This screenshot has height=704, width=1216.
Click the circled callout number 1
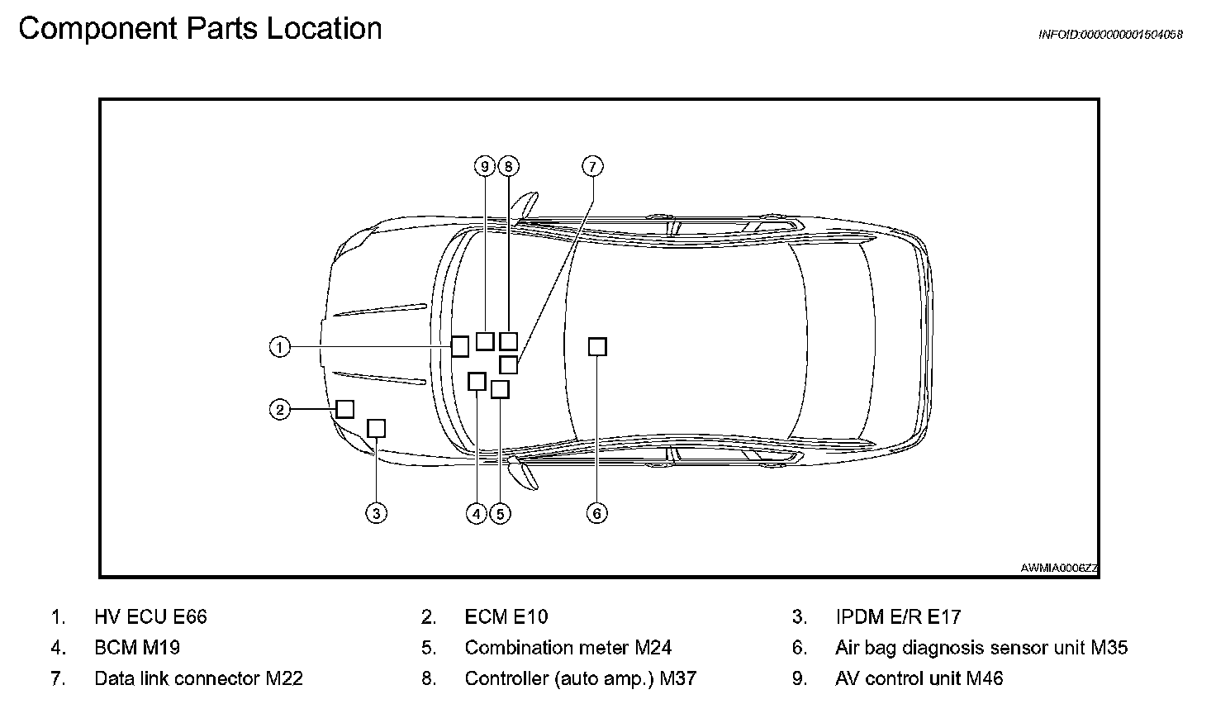coord(280,347)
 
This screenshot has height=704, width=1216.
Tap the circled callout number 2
coord(280,409)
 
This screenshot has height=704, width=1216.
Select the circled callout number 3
coord(376,513)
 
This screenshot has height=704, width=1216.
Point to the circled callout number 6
coord(597,513)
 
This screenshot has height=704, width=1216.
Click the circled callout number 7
coord(592,166)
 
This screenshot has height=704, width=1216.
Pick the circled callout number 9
coord(485,166)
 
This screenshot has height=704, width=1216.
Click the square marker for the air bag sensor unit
coord(597,346)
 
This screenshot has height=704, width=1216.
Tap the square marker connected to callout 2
coord(344,409)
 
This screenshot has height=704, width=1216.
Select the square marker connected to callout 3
coord(376,428)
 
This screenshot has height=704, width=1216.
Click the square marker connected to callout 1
coord(460,346)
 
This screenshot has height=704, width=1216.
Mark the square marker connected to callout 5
coord(500,389)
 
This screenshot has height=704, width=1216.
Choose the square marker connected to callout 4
coord(477,381)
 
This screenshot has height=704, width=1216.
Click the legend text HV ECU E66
coord(150,616)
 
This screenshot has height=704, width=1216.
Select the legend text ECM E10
coord(506,616)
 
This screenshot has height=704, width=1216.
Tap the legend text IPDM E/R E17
coord(898,616)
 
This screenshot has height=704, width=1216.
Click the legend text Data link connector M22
coord(198,678)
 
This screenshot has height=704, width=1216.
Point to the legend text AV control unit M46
coord(919,678)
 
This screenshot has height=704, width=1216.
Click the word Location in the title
coord(324,29)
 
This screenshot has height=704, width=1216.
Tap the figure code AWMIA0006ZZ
coord(1059,568)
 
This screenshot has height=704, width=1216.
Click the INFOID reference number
coord(1110,35)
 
